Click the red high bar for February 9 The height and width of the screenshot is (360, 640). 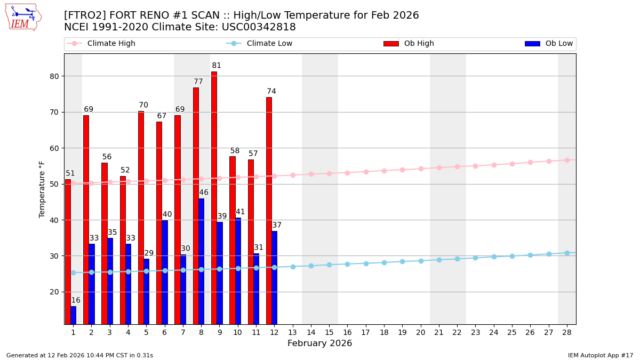[x=214, y=197]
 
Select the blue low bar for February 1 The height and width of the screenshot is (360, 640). [x=73, y=315]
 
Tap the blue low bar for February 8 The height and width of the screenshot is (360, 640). [x=201, y=261]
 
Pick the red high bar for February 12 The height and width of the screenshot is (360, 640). [x=269, y=211]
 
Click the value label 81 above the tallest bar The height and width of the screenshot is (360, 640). [x=216, y=66]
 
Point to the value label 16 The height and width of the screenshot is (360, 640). [x=76, y=300]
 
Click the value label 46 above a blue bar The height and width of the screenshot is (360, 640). [x=204, y=193]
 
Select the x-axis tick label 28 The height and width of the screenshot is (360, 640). [x=566, y=332]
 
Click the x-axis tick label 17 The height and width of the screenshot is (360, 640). [x=365, y=332]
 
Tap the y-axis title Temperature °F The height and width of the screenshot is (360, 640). [x=42, y=189]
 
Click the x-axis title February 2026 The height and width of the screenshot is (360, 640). [x=319, y=343]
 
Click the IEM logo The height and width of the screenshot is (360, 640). [x=23, y=17]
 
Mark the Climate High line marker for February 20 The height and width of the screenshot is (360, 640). [x=421, y=169]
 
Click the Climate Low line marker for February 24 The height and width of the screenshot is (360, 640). [x=494, y=257]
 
